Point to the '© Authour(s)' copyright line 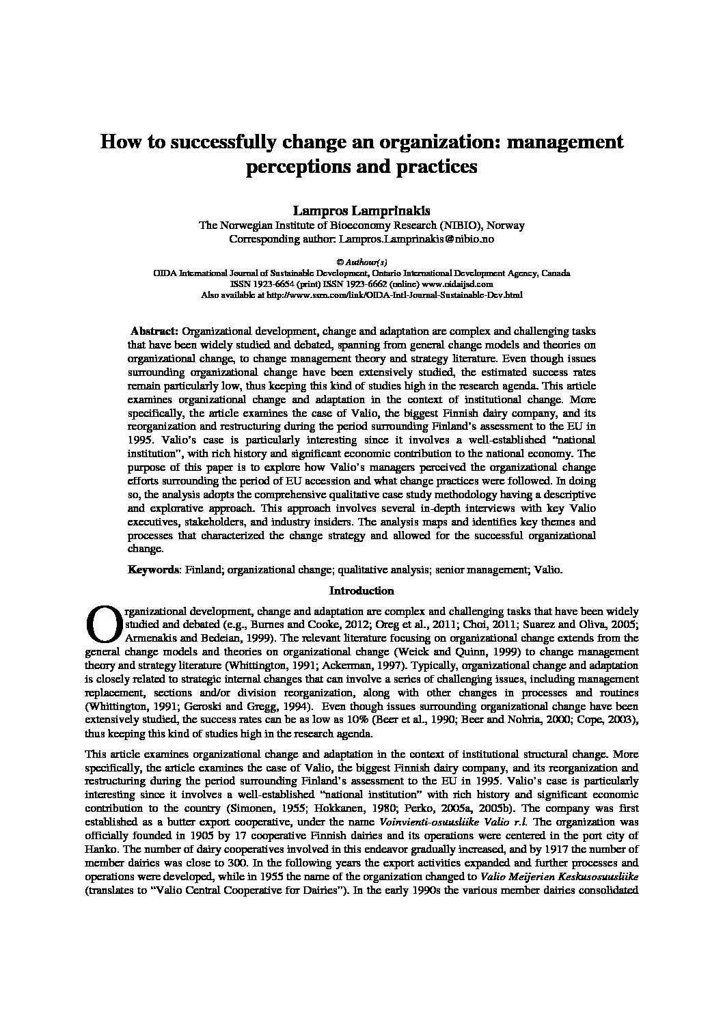click(x=361, y=262)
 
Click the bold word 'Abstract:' click(x=154, y=331)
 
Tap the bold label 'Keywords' click(x=154, y=569)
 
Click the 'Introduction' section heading click(x=361, y=590)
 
